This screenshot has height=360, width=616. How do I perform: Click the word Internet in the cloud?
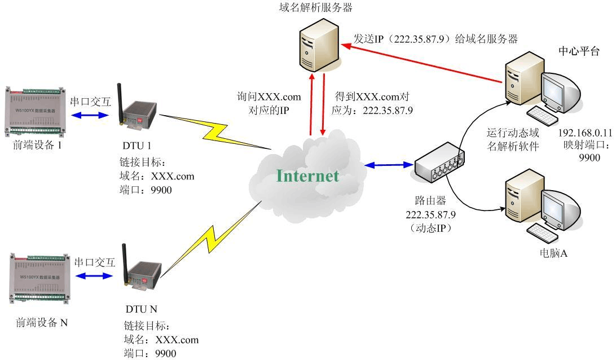click(307, 176)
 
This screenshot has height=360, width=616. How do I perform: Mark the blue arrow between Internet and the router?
click(388, 165)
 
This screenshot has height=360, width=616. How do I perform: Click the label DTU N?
click(142, 309)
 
